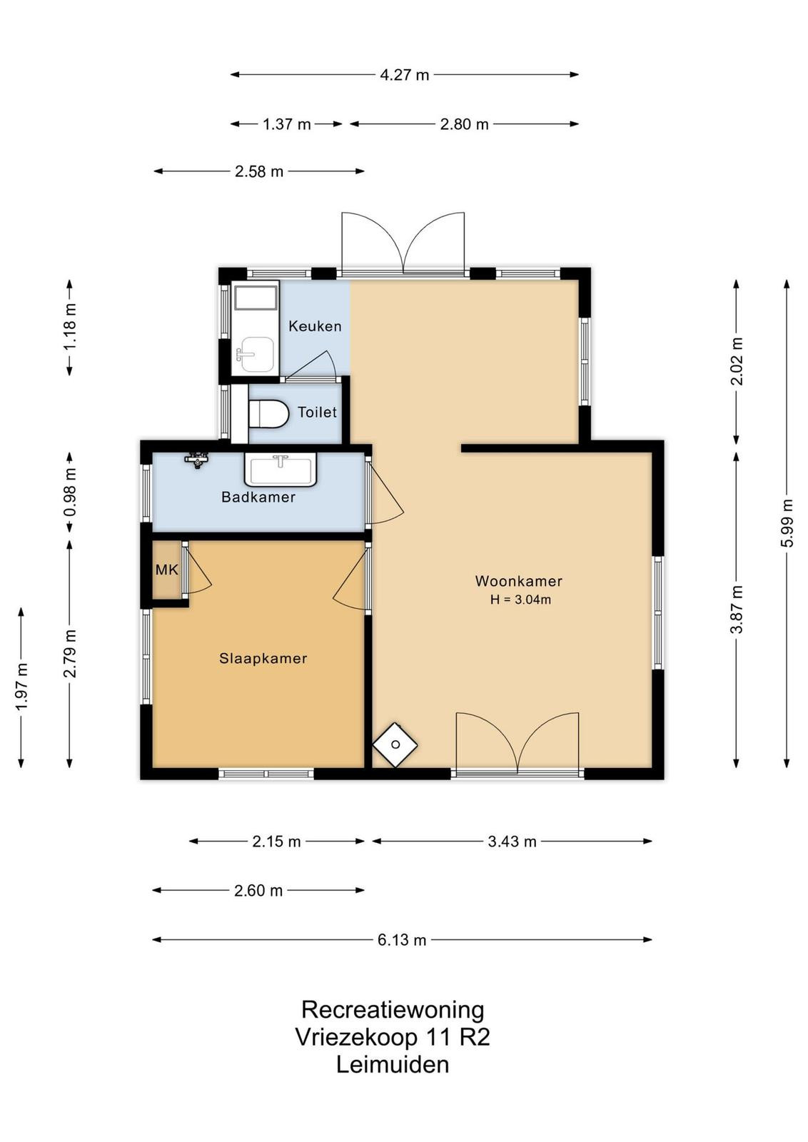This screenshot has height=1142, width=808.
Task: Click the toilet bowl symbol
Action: point(268,413)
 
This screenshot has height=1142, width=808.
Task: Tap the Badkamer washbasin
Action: point(281,470)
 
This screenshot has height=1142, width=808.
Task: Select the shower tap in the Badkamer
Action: point(197,460)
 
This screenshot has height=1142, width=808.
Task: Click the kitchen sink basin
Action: point(258,354)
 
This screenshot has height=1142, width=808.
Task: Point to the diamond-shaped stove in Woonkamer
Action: point(395,745)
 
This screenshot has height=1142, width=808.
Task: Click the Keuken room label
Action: point(315,326)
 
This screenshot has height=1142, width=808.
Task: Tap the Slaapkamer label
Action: point(263,658)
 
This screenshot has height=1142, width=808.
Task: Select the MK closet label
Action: point(167,570)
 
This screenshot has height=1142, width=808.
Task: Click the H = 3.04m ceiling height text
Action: point(520,600)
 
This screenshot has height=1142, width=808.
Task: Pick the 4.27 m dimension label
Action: point(405,75)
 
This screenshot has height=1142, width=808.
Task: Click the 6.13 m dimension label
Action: point(402,939)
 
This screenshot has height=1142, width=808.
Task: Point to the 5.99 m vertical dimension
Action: point(787,523)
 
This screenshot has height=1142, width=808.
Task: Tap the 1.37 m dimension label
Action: point(286,124)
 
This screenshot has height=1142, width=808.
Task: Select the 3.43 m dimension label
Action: point(512,842)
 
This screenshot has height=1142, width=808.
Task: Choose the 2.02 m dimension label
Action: point(737,361)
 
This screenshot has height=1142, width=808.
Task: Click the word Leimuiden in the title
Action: point(393,1064)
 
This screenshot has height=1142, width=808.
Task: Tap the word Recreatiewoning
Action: point(393,1009)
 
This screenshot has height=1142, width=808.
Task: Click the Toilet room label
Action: point(317,412)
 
